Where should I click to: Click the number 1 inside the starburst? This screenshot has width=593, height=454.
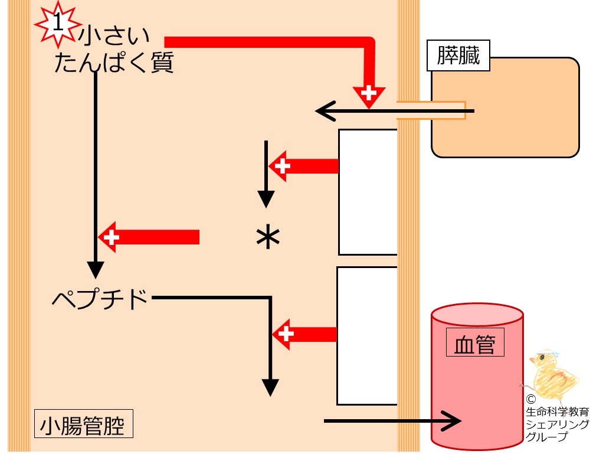(58, 22)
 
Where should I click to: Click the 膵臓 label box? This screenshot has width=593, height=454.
(458, 55)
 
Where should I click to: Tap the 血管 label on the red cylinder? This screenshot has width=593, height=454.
(475, 342)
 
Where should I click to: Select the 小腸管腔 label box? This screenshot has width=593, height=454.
(84, 423)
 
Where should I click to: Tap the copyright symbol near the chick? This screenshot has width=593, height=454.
(531, 400)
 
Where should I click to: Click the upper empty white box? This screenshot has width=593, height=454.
(368, 192)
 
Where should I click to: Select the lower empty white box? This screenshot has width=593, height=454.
(367, 336)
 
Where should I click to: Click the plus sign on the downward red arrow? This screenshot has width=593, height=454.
(369, 93)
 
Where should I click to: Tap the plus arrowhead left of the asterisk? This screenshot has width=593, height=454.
(110, 237)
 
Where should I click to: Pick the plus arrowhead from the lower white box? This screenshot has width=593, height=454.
(284, 334)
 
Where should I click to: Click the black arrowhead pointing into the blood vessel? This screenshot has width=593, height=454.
(452, 421)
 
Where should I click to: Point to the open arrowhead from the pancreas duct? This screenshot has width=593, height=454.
(325, 111)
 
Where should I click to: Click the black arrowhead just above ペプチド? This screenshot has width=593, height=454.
(96, 270)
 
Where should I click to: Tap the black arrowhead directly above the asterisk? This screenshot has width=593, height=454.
(266, 199)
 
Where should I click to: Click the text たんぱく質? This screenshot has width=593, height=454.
(114, 63)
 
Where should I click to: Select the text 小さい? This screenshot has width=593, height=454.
(114, 35)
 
